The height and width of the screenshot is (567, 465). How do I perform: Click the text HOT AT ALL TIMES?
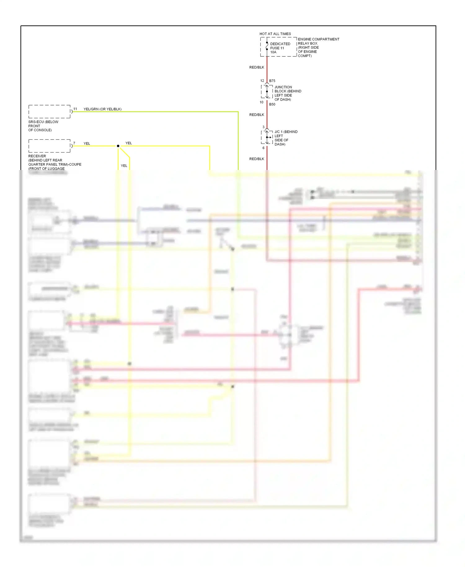point(275,34)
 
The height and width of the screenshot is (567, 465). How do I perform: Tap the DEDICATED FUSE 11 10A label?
point(280,48)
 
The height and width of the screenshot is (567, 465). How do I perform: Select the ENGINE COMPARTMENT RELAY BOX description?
point(318,47)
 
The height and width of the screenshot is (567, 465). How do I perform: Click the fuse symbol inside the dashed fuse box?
point(267,46)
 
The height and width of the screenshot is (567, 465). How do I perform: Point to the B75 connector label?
point(272,81)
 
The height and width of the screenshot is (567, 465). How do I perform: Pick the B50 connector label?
point(272,105)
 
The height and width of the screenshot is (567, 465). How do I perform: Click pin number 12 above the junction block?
point(262,81)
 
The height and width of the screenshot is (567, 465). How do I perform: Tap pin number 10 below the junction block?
point(262,102)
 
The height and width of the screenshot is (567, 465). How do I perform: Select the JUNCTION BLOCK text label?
point(288,93)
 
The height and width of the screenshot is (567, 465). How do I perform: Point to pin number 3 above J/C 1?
point(263,127)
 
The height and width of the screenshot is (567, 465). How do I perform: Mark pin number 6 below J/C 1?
point(263,148)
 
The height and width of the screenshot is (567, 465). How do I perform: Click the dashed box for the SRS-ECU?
point(49,112)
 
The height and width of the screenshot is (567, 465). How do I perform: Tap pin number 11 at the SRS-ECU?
point(75,109)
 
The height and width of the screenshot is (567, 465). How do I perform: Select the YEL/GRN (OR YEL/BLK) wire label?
point(103,109)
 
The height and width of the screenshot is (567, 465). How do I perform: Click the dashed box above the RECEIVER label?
point(49,146)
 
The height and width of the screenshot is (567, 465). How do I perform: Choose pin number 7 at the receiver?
point(74,143)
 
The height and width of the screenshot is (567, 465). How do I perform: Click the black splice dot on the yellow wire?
point(118,146)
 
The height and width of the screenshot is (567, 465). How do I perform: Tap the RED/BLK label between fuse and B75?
point(257,67)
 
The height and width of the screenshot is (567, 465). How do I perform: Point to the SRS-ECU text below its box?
point(43,126)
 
